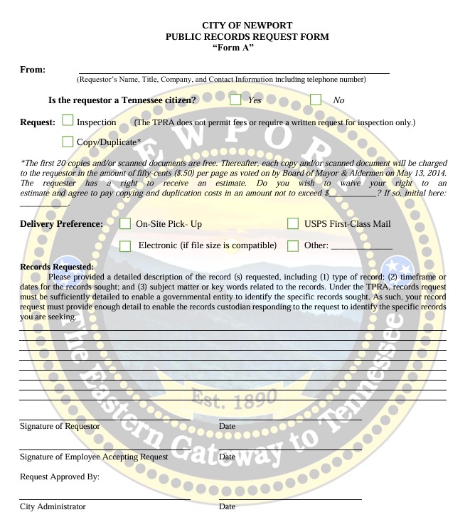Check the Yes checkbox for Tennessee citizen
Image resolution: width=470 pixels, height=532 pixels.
(x=235, y=100)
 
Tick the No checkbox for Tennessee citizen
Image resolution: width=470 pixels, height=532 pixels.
(x=316, y=100)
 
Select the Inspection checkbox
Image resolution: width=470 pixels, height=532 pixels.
(x=68, y=122)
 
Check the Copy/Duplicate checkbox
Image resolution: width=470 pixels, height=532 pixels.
(x=68, y=142)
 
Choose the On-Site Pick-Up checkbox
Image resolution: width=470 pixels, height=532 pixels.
(x=125, y=224)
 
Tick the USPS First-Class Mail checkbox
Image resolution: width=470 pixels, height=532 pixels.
(x=293, y=224)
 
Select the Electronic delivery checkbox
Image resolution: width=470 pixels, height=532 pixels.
(x=125, y=246)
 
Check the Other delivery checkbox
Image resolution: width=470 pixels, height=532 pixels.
(x=293, y=246)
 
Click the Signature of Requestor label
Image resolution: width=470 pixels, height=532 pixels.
(x=59, y=426)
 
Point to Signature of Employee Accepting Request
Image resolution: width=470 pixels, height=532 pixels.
(x=94, y=456)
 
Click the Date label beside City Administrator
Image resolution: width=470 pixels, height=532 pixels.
(x=228, y=506)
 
